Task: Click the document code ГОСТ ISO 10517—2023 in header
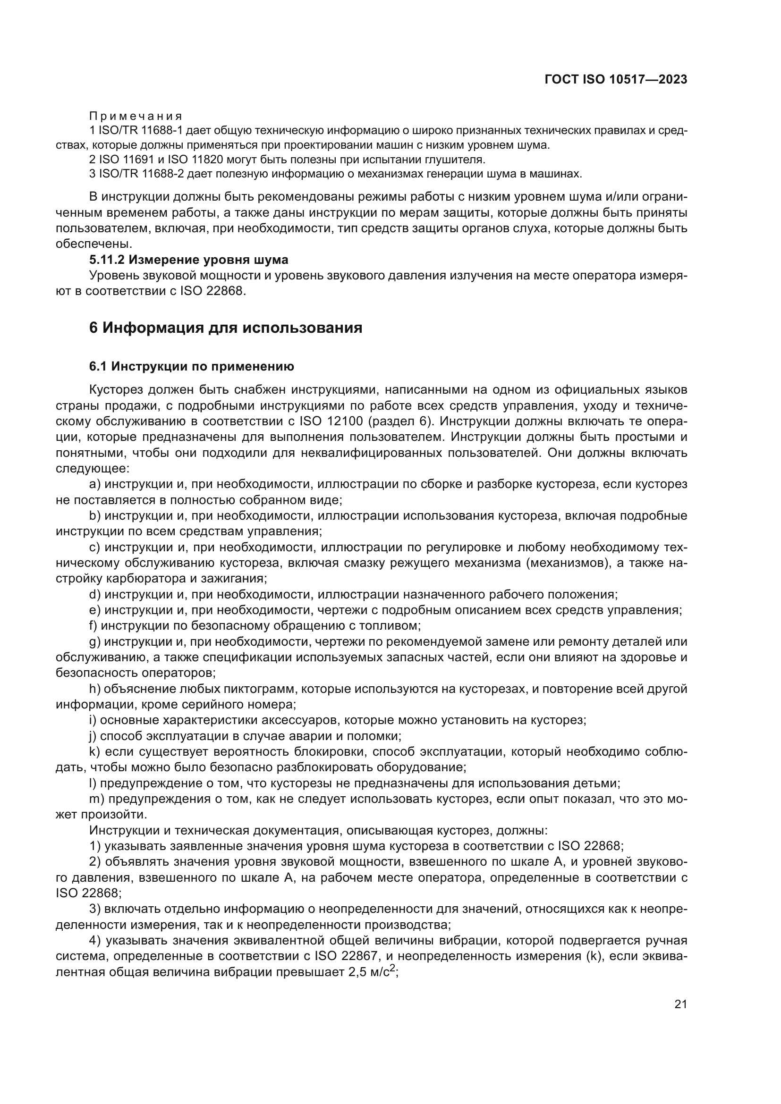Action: click(x=616, y=80)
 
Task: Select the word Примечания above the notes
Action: click(x=136, y=117)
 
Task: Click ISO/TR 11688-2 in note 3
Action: click(x=141, y=174)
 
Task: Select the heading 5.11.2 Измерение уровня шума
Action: click(x=188, y=260)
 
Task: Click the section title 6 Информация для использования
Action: click(x=226, y=328)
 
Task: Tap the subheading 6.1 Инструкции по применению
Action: click(x=191, y=366)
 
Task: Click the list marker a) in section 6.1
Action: click(x=95, y=484)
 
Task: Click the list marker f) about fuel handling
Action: click(x=93, y=625)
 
